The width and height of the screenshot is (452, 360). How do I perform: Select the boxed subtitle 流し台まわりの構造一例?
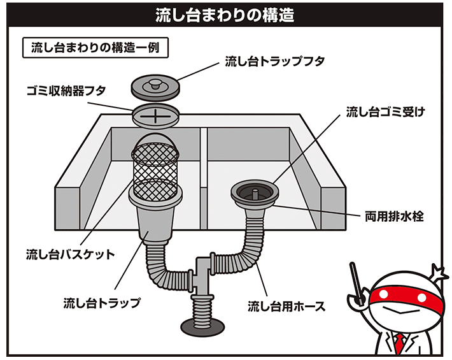[x=95, y=48]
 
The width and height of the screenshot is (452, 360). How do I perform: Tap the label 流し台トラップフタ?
[x=275, y=62]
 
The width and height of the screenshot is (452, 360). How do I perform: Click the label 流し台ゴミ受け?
[x=385, y=113]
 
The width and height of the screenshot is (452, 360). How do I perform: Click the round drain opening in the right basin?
[x=253, y=190]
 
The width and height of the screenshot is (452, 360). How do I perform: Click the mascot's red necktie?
[x=399, y=344]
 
